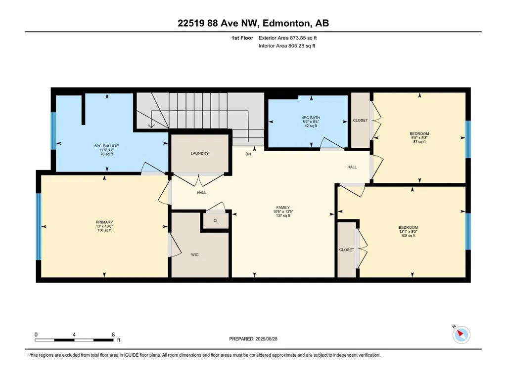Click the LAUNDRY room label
(199, 154)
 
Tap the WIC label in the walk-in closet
(195, 255)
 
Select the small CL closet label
(216, 221)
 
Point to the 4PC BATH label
(311, 118)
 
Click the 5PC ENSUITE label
(106, 146)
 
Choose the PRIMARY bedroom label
(104, 222)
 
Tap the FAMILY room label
(283, 208)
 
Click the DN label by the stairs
(248, 154)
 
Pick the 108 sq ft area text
(408, 236)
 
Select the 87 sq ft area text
(419, 142)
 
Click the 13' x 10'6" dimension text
(104, 226)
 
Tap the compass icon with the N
(461, 335)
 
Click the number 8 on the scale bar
(113, 335)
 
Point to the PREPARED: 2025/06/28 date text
(253, 339)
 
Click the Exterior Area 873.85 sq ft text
(287, 38)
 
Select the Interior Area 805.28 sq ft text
(287, 46)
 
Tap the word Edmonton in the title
(286, 23)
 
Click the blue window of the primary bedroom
(39, 226)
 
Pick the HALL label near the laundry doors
(202, 193)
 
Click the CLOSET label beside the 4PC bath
(360, 121)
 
